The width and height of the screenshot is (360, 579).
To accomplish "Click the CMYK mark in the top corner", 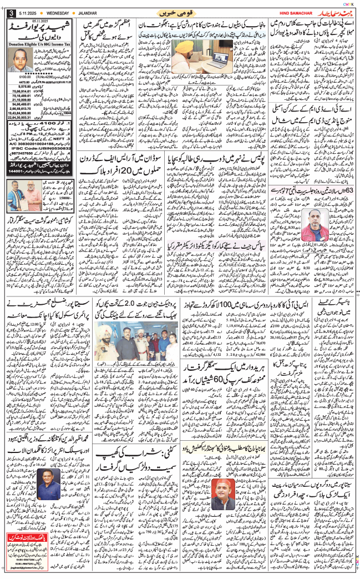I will tap(349, 3).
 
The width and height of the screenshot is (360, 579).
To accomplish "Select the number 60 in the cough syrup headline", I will tap(221, 384).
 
